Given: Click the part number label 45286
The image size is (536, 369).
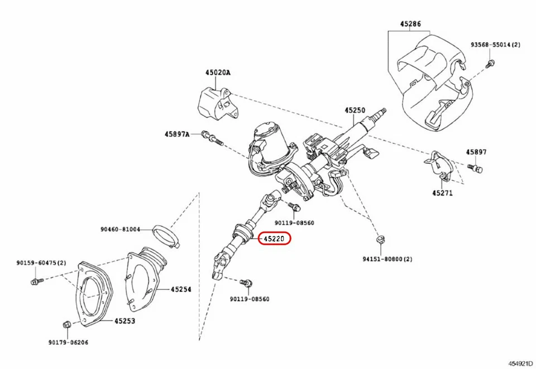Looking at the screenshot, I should (x=410, y=25).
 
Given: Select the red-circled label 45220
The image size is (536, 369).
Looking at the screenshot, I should (x=274, y=239).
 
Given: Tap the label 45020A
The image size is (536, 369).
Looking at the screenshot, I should (x=217, y=72).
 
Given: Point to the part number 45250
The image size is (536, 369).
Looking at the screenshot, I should (x=355, y=110).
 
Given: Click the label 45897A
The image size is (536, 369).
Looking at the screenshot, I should (x=177, y=134).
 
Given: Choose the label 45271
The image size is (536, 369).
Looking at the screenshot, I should (x=442, y=193).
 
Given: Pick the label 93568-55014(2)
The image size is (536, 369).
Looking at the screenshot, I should (x=495, y=44).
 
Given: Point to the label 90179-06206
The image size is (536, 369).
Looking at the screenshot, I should (x=68, y=342).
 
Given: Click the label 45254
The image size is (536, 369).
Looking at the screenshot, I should (x=181, y=289).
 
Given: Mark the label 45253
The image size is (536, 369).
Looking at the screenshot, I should (x=125, y=321).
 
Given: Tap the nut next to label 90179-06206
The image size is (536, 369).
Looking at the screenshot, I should (x=66, y=324).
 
